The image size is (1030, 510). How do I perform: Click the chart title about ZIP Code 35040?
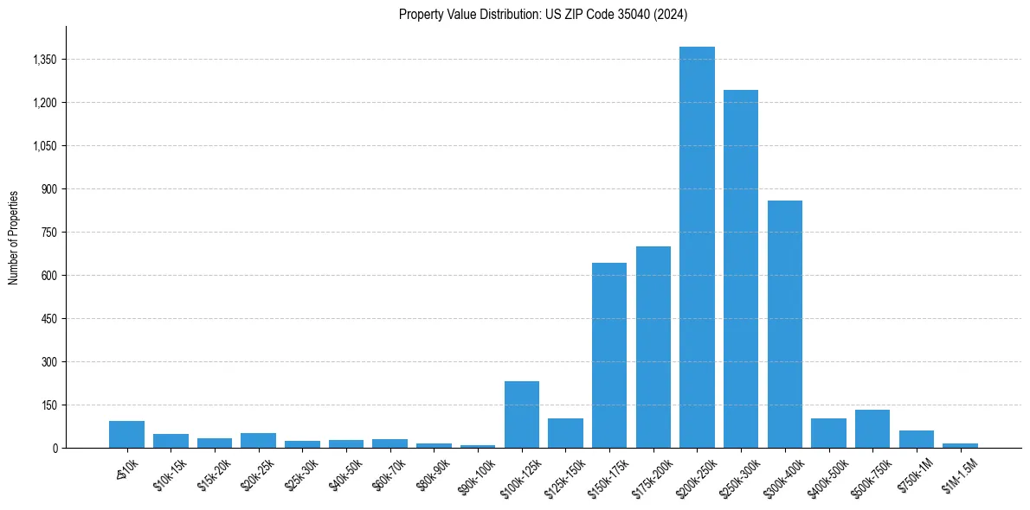tap(543, 14)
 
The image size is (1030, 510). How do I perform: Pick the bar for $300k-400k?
tap(785, 324)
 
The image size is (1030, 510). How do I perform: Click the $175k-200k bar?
tap(653, 347)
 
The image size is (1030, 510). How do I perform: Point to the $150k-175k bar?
tap(609, 355)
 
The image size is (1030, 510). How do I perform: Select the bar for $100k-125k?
tap(522, 414)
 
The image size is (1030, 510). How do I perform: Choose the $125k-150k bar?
tap(565, 433)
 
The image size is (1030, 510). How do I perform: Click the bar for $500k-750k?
tap(872, 429)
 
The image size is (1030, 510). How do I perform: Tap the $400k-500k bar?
tap(828, 433)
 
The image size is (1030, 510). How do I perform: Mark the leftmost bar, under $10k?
tap(126, 434)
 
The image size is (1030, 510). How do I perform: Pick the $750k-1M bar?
tap(917, 439)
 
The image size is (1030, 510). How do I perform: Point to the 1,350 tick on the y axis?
tap(43, 60)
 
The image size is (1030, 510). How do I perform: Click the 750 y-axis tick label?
tap(48, 233)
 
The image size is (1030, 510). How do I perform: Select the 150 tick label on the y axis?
tap(48, 405)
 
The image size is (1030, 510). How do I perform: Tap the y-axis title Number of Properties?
tap(14, 237)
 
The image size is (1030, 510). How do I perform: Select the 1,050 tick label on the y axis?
tap(43, 146)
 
